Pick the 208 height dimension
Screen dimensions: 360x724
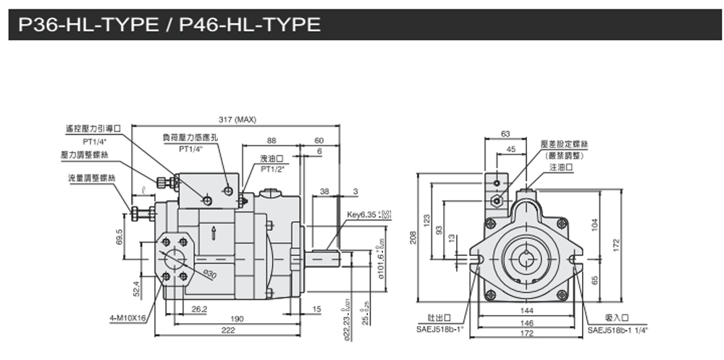[x=414, y=239]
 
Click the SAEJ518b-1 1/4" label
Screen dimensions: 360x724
[x=618, y=329]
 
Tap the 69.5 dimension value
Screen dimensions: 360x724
[x=119, y=237]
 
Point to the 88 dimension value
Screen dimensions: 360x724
[x=271, y=141]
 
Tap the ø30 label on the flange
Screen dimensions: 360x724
[x=209, y=275]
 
